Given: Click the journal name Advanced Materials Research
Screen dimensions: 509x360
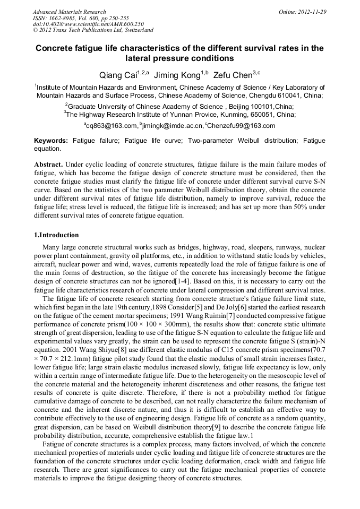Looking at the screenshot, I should coord(69,12).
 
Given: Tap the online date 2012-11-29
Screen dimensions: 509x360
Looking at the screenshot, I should coord(310,12).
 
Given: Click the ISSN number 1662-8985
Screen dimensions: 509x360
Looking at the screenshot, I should coord(59,18).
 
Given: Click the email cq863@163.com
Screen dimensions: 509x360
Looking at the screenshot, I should coord(112,126).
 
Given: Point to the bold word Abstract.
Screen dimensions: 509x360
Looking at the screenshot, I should coord(49,165).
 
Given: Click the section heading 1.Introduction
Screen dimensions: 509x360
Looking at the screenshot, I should coord(56,235).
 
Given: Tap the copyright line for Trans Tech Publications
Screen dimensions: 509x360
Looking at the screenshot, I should coord(93,30).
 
